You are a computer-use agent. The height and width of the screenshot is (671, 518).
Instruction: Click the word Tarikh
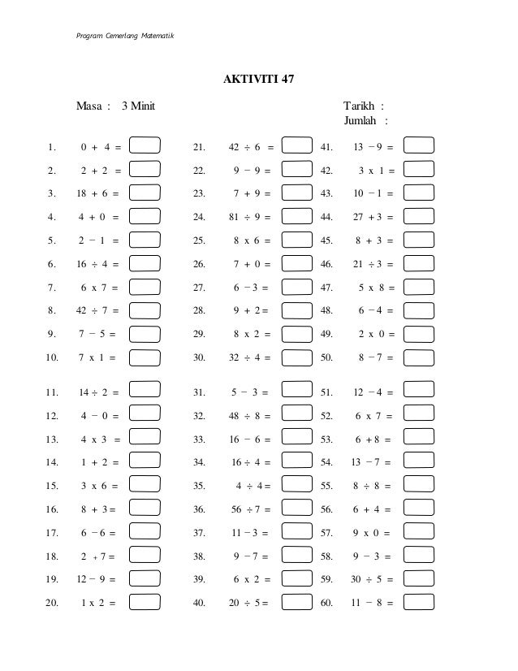coord(359,106)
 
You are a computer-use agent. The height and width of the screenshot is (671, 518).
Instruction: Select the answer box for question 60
coord(419,603)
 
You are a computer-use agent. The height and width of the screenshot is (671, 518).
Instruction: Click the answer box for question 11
coord(145,392)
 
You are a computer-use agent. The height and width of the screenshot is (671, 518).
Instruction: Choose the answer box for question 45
coord(419,240)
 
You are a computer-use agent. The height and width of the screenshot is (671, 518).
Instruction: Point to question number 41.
coord(327,147)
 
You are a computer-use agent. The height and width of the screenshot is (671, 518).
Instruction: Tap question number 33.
coord(199,439)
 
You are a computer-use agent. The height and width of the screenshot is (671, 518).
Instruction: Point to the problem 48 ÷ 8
coord(248,416)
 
